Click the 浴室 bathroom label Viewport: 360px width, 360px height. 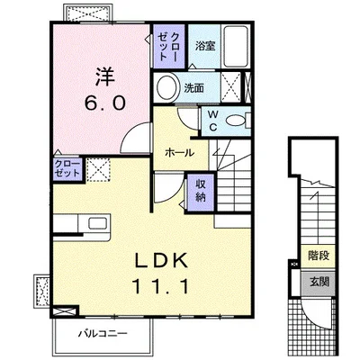205,46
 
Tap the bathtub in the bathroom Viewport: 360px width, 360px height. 236,47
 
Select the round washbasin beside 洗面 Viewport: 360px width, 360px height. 166,87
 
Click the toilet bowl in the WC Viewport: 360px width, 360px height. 235,121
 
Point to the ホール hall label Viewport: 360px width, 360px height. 180,153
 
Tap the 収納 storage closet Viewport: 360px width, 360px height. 200,192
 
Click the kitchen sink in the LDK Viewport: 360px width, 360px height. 97,224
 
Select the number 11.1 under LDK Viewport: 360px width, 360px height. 160,286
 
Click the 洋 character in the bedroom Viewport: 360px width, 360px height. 105,76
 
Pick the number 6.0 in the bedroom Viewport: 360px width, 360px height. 104,103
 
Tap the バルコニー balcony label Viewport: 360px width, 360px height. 103,333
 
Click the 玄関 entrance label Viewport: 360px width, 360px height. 319,282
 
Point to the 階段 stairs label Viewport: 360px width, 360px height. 319,256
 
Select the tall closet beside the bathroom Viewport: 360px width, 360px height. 169,47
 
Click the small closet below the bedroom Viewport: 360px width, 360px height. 67,169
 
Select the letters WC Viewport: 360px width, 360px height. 212,121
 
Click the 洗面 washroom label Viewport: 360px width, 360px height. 193,88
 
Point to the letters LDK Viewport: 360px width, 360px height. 161,260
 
